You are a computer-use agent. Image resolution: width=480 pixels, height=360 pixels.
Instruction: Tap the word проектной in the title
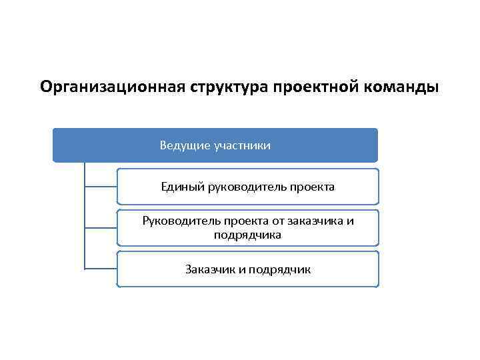[303, 87]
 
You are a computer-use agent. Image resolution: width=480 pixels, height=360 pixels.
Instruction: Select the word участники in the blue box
[243, 145]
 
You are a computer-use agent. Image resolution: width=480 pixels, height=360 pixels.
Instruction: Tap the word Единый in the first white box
[179, 187]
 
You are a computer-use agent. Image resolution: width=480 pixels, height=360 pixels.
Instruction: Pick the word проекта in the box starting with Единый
[312, 187]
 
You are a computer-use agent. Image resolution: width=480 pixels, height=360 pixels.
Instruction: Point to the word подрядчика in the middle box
[247, 235]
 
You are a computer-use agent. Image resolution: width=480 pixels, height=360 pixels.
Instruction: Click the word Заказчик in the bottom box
[207, 269]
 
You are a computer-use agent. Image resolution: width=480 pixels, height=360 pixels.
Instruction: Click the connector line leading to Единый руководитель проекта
[101, 187]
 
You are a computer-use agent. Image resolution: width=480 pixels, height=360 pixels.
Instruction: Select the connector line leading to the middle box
[101, 228]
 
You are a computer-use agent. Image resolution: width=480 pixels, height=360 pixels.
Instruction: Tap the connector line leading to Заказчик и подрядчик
[101, 269]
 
